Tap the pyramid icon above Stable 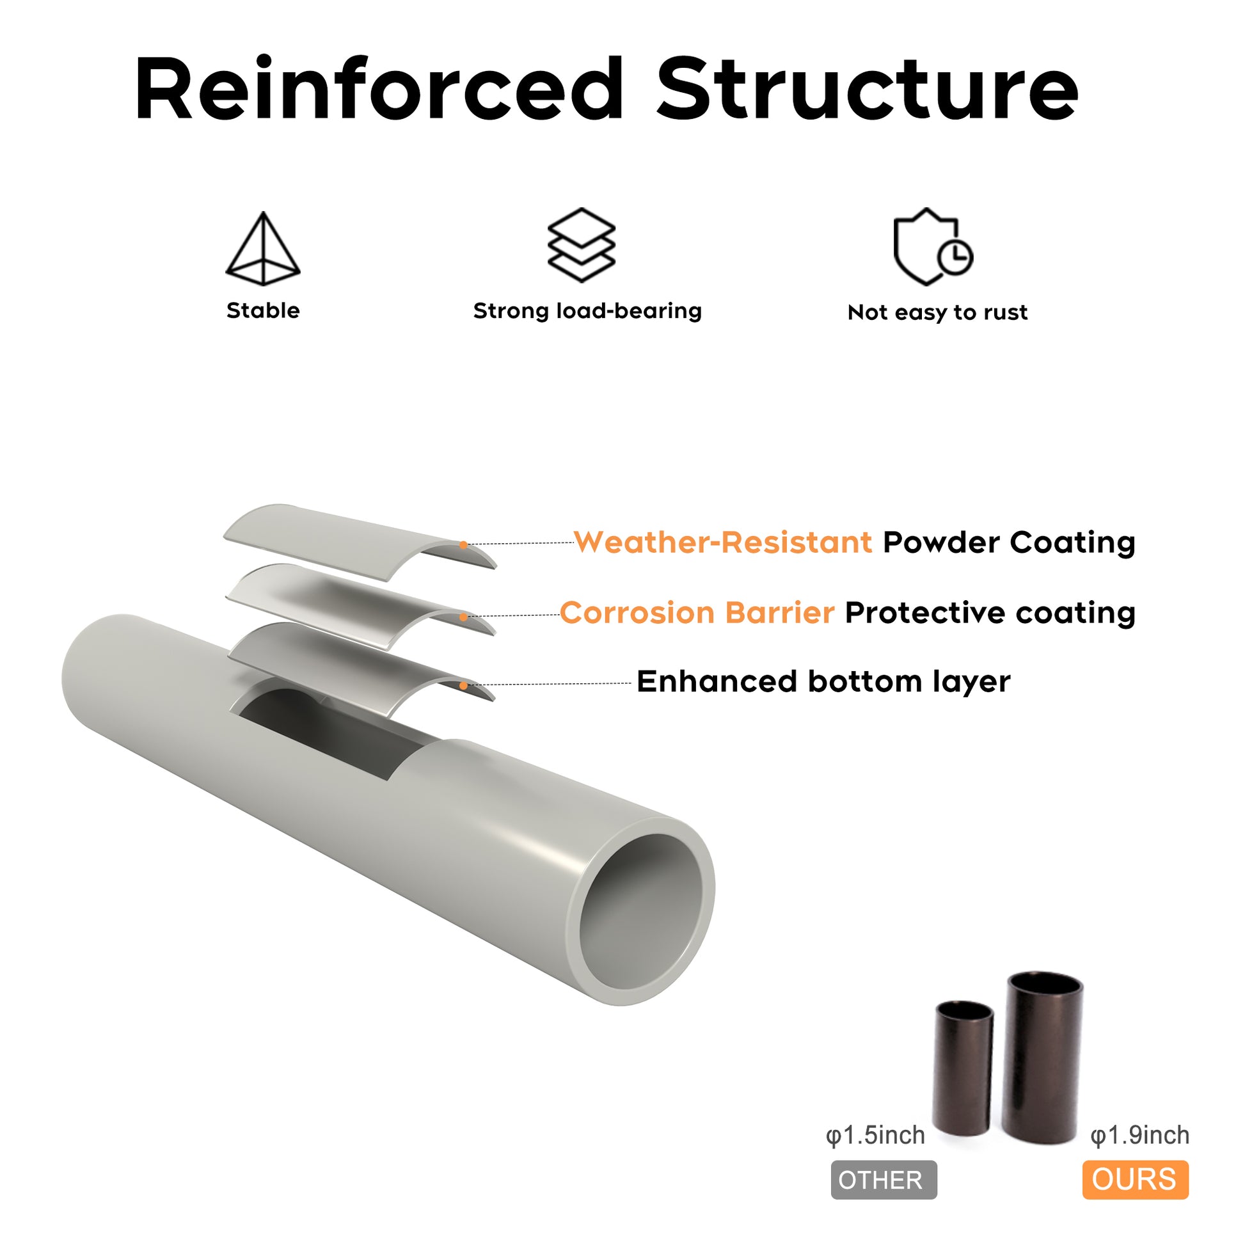(x=263, y=249)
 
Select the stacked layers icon (x=582, y=245)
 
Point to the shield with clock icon (x=932, y=247)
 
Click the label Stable (x=263, y=310)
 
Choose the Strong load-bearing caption (x=587, y=311)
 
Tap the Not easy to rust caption (x=938, y=313)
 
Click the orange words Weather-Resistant (x=722, y=542)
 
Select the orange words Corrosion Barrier (x=697, y=612)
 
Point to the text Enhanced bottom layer (x=823, y=681)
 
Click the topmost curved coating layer (x=348, y=536)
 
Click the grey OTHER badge (x=884, y=1180)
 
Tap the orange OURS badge (x=1135, y=1180)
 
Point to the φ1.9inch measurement (x=1139, y=1136)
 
